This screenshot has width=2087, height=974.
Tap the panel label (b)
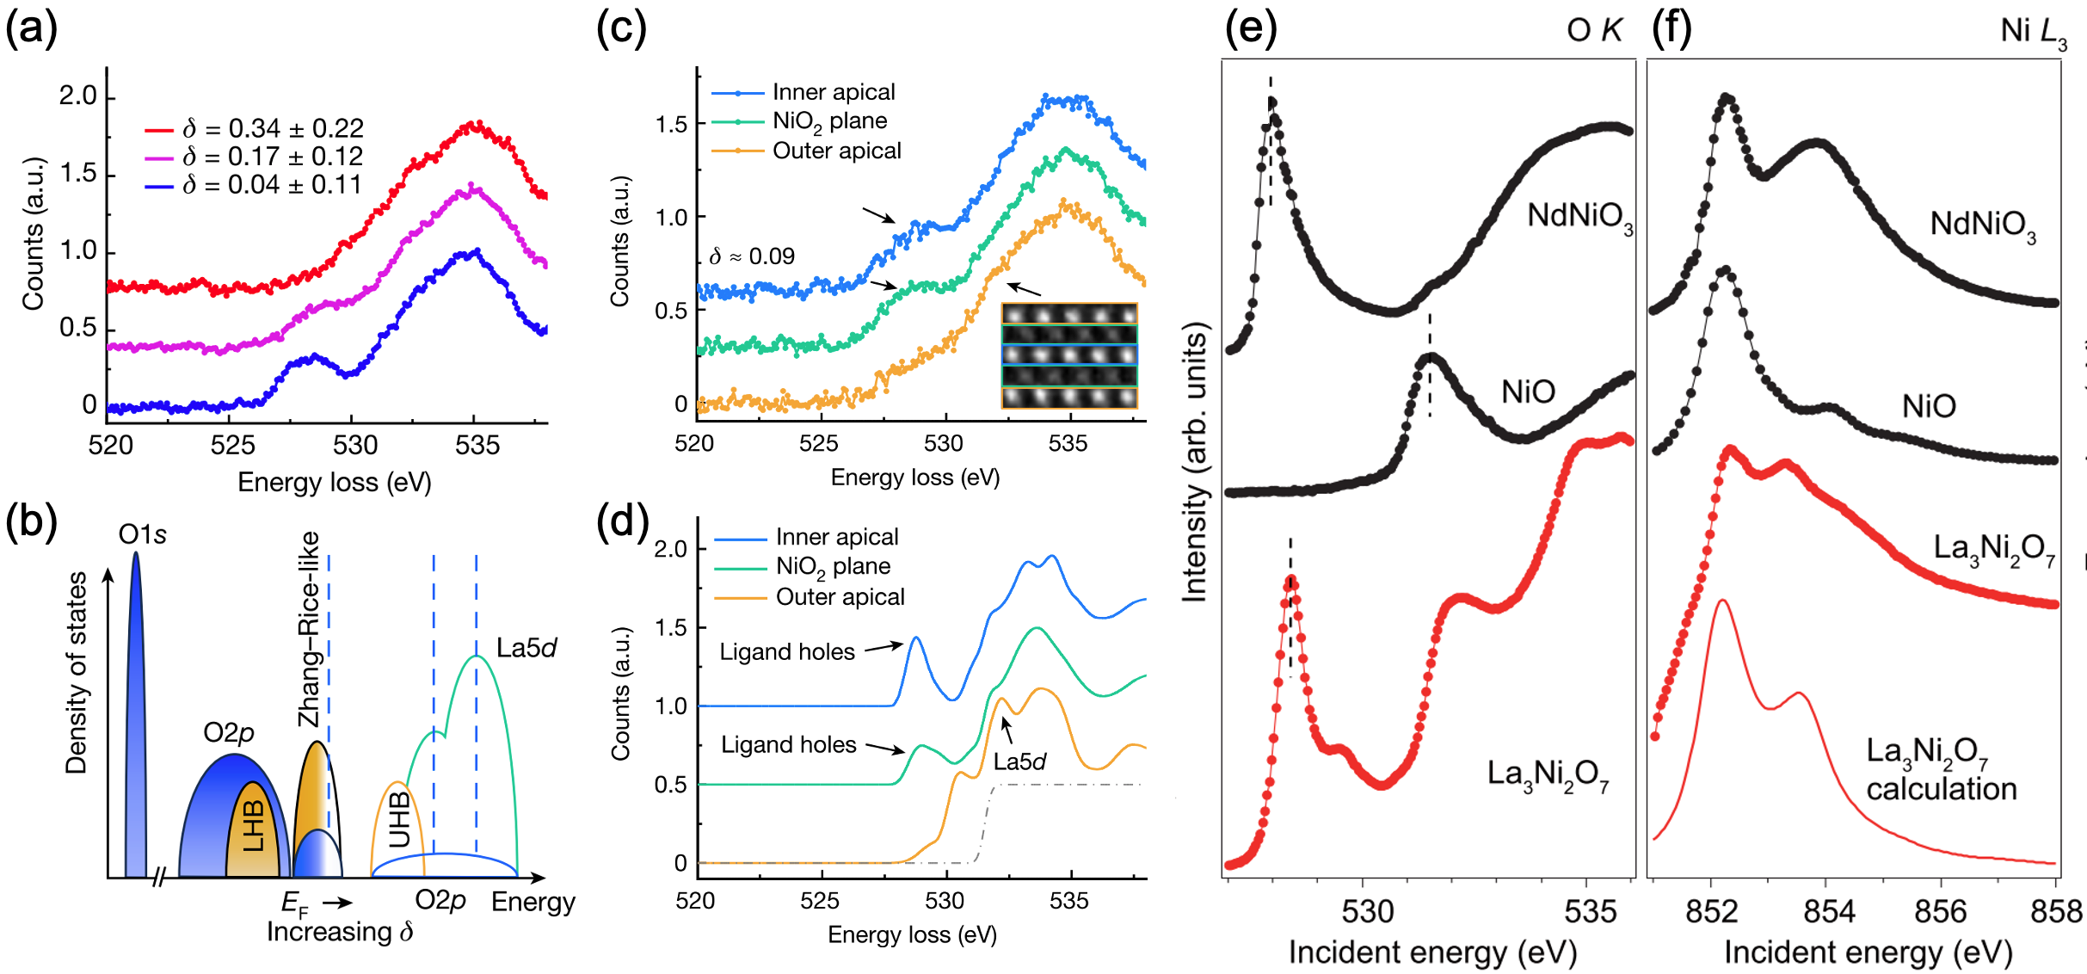(31, 522)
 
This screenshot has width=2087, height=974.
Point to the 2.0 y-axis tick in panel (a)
(78, 96)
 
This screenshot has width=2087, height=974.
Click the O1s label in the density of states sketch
(142, 535)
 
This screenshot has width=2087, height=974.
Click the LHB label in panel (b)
(254, 825)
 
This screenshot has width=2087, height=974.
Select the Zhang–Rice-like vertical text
(308, 630)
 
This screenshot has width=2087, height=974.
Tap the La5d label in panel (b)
(526, 648)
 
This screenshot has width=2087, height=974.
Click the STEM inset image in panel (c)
(1069, 355)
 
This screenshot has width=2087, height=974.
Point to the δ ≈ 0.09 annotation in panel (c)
(752, 256)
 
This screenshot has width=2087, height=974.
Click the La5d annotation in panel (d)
(1019, 761)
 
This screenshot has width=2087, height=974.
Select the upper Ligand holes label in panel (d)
(787, 652)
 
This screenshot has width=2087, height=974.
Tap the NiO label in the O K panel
(1528, 392)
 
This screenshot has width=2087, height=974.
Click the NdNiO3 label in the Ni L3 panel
(1982, 225)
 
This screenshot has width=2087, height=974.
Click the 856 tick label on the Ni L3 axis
(1941, 911)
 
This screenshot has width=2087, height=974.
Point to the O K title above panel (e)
(1593, 31)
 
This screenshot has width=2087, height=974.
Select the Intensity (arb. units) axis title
(1195, 462)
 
